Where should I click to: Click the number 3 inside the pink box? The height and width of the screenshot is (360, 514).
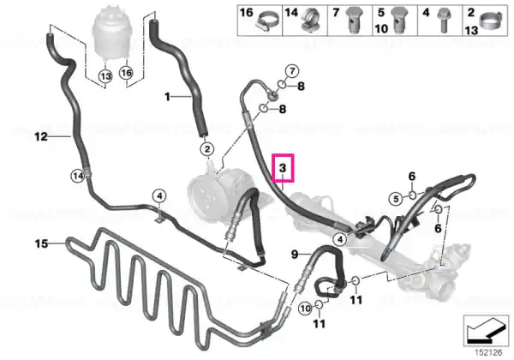pos(283,168)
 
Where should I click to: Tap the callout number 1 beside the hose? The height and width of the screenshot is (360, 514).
pos(168,97)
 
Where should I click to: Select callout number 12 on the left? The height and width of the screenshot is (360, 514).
pos(41,136)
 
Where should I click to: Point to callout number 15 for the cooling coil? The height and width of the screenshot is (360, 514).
pos(42,244)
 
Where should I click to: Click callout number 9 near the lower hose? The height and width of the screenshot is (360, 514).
pos(295,254)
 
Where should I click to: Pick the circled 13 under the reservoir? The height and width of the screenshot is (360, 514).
pos(105,77)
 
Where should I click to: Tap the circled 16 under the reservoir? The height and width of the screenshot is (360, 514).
pos(127,73)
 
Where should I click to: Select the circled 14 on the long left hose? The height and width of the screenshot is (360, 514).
pos(78,177)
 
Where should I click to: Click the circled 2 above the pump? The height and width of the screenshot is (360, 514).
pos(207,149)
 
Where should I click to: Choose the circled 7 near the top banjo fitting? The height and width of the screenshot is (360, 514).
pos(292,71)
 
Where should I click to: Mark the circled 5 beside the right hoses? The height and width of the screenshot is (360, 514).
pos(397,199)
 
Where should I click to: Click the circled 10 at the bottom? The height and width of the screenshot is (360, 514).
pos(306,309)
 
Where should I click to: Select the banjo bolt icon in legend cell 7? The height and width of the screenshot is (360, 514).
pos(354,21)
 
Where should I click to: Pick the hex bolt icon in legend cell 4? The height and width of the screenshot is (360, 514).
pos(444,21)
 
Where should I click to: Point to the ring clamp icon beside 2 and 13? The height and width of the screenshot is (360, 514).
pos(491,21)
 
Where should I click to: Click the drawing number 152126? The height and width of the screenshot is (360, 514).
pos(489,352)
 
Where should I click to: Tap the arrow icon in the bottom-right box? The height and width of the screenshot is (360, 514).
pos(487,330)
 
